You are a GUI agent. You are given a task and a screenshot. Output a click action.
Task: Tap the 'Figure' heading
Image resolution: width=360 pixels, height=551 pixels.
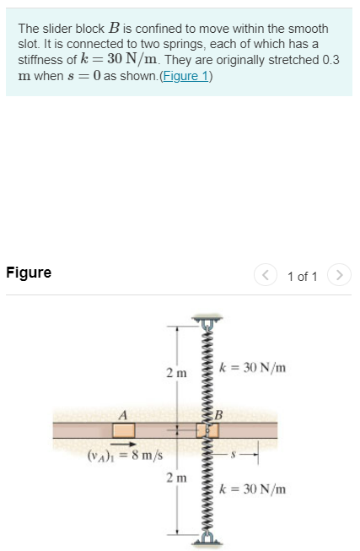click(x=29, y=273)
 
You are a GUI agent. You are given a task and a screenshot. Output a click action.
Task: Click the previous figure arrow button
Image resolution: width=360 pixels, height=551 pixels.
click(x=267, y=275)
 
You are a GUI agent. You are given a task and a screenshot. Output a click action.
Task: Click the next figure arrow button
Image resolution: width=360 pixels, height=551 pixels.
click(x=338, y=275)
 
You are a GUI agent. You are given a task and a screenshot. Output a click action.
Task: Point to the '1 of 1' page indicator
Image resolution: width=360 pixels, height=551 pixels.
click(x=303, y=276)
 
